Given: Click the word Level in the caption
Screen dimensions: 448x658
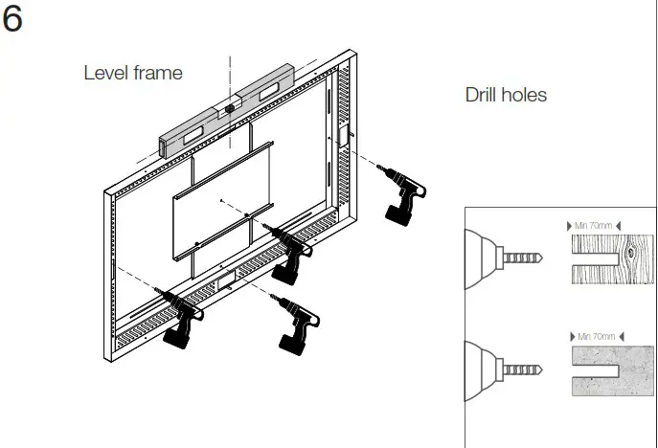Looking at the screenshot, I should click(x=105, y=73).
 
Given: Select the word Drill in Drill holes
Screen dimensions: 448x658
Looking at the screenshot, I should click(x=483, y=95).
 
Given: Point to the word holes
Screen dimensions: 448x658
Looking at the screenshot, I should click(x=526, y=95).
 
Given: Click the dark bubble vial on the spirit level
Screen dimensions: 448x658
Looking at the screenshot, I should click(x=230, y=110).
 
